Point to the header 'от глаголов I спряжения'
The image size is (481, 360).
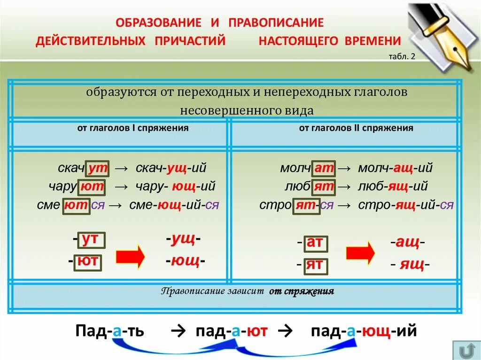(133, 128)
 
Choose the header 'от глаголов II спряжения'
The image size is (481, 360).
(356, 128)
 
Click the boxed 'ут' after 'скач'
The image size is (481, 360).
(98, 168)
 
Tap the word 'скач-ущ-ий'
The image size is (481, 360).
(171, 168)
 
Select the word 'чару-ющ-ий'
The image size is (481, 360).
(176, 186)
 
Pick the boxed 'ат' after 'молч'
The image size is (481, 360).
(324, 168)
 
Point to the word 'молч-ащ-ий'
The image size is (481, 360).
(395, 168)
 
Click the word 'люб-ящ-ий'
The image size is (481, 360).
(393, 186)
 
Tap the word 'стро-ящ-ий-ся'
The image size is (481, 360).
(406, 205)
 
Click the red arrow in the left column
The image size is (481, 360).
(131, 256)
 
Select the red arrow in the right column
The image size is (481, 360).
(360, 253)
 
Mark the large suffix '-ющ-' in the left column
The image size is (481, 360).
(186, 260)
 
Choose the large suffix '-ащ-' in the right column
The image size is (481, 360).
(408, 243)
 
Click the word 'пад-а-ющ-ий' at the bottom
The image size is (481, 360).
(364, 331)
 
